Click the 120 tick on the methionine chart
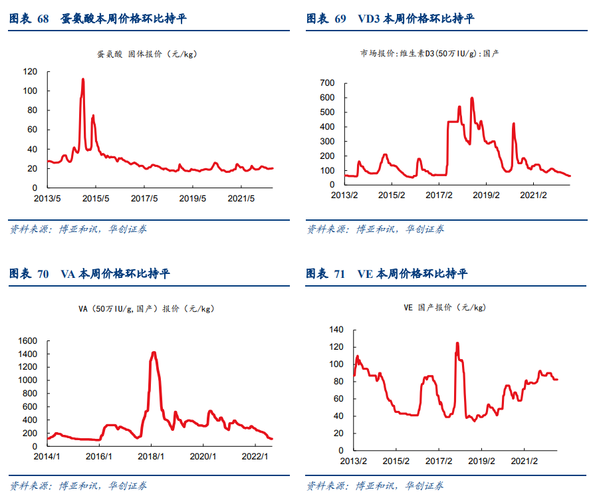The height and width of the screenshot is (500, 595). (x=31, y=71)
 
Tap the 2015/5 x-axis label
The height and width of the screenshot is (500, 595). (x=95, y=198)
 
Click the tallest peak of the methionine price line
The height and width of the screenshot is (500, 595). (x=83, y=79)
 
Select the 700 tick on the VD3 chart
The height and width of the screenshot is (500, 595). (x=326, y=83)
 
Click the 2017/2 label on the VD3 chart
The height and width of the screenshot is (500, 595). (x=439, y=195)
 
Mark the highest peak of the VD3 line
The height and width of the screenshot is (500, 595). (x=472, y=98)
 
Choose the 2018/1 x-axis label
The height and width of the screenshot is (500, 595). (x=151, y=457)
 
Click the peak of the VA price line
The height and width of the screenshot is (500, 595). (x=154, y=352)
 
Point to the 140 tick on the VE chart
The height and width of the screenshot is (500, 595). (x=337, y=330)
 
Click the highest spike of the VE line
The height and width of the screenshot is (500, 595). (x=457, y=343)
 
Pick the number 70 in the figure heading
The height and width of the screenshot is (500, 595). (x=43, y=274)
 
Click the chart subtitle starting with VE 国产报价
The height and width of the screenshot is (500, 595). (x=445, y=308)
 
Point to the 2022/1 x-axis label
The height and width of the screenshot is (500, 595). (x=254, y=457)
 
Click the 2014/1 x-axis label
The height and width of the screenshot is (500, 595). (x=47, y=457)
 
